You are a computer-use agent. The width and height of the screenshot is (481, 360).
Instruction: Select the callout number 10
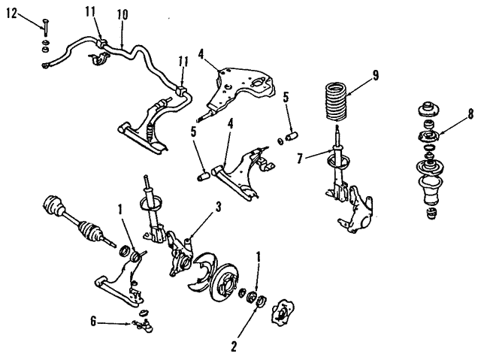point(123,14)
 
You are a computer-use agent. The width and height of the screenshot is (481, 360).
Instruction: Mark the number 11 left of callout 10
point(89,11)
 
